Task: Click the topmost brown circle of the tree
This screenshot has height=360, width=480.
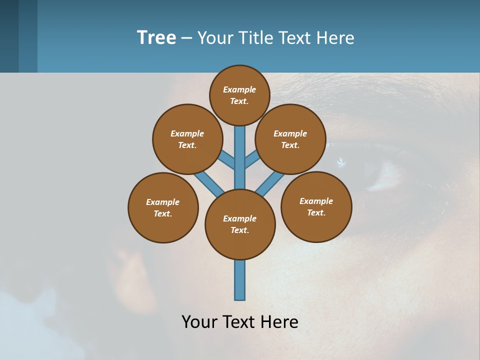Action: coord(239,95)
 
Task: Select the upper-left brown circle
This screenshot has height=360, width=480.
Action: coord(187,139)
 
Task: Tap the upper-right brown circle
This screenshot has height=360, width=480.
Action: coord(290,139)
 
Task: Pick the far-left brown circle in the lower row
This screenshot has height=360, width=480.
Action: coord(163,207)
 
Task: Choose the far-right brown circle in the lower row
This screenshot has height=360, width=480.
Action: coord(316,206)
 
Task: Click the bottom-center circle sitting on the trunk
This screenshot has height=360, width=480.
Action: coord(240,224)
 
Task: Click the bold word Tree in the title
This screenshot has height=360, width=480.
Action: coord(156,37)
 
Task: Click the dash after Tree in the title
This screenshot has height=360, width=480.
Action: coord(186,38)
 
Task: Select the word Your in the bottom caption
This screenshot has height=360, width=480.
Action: coord(199,322)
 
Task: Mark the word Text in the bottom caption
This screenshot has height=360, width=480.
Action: coord(239,322)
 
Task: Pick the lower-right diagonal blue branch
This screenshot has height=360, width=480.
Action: coord(270,184)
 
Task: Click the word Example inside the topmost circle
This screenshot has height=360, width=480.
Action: coord(239,89)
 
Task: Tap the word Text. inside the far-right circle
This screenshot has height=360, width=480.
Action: coord(316,212)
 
